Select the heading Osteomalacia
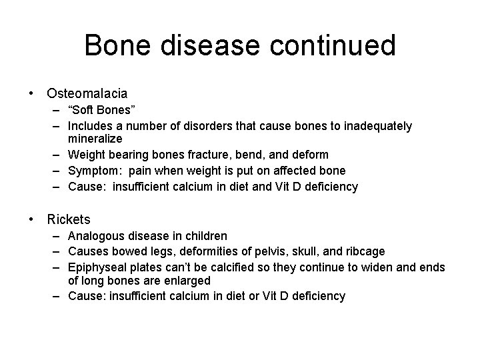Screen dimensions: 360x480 coord(87,94)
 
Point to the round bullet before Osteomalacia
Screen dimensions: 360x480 coord(32,94)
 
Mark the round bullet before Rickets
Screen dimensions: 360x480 coord(32,219)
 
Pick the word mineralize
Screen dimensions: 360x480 coord(95,139)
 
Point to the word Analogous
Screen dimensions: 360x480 coord(97,236)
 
